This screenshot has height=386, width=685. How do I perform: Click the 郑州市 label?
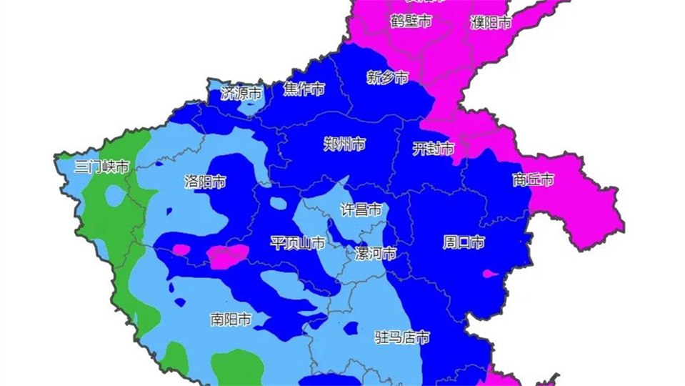pyautogui.click(x=344, y=145)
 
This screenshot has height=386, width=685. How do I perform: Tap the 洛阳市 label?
pyautogui.click(x=204, y=182)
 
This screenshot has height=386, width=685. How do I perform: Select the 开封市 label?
pyautogui.click(x=433, y=149)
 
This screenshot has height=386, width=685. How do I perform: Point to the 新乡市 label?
pyautogui.click(x=387, y=77)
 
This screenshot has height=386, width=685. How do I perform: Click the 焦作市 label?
pyautogui.click(x=304, y=89)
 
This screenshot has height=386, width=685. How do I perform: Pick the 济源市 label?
pyautogui.click(x=241, y=93)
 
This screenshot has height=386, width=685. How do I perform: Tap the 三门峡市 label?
pyautogui.click(x=102, y=167)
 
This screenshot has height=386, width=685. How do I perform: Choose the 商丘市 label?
pyautogui.click(x=533, y=180)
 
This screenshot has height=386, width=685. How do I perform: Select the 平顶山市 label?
pyautogui.click(x=297, y=243)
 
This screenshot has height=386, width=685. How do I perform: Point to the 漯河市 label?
pyautogui.click(x=376, y=254)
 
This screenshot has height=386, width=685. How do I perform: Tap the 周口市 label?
pyautogui.click(x=464, y=242)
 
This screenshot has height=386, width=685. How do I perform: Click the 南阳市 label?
pyautogui.click(x=230, y=319)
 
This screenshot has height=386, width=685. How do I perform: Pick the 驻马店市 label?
pyautogui.click(x=402, y=337)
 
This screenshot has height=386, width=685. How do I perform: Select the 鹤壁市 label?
pyautogui.click(x=411, y=21)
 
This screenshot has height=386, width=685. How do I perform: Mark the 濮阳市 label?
pyautogui.click(x=491, y=23)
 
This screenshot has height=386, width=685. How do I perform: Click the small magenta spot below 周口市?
pyautogui.click(x=489, y=274)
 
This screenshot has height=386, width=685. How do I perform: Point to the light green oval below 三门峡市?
pyautogui.click(x=114, y=194)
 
